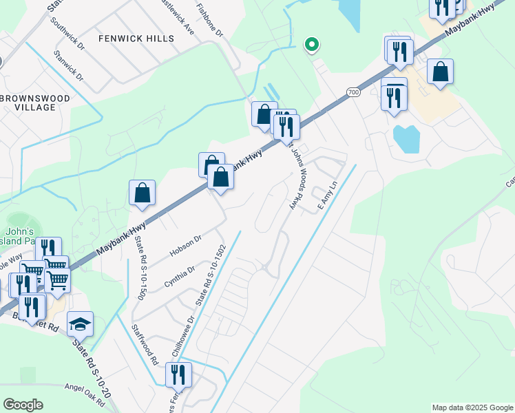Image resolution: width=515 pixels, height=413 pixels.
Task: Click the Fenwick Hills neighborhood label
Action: (136, 39)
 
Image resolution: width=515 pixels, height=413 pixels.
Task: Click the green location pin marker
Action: (312, 46)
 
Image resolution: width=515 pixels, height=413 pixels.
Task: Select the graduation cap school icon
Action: (80, 324)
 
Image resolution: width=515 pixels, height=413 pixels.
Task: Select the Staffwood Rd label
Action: (145, 344)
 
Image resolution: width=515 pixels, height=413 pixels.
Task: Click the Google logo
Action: (23, 405)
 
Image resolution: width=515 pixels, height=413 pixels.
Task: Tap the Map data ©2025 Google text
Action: (472, 407)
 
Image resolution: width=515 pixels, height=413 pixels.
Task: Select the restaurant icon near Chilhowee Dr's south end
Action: (178, 374)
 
